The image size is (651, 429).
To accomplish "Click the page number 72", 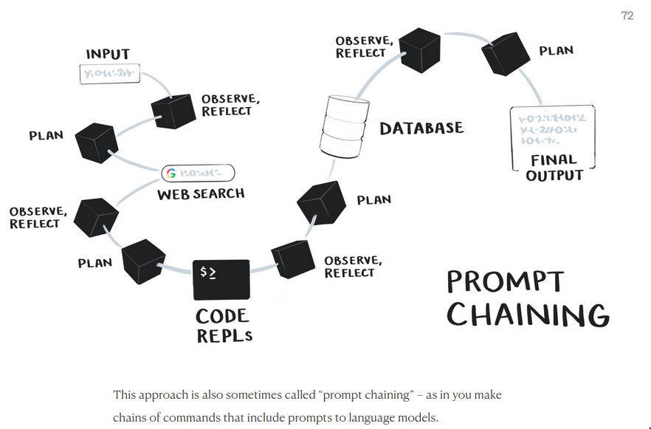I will [x=627, y=16].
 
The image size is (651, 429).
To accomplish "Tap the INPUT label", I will [x=108, y=55].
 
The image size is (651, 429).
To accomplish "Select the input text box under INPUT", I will [x=109, y=74].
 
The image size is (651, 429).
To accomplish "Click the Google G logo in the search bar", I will [x=171, y=174].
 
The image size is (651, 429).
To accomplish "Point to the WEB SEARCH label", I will [x=200, y=194].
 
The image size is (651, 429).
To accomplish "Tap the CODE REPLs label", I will [x=223, y=326].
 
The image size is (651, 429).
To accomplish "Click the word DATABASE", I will [x=421, y=128].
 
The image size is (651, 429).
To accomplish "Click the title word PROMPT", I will [x=505, y=282].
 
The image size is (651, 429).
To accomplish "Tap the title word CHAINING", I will [x=528, y=314].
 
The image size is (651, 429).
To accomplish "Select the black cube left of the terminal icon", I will [x=143, y=260].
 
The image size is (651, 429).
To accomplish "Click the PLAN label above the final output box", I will [x=557, y=51].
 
